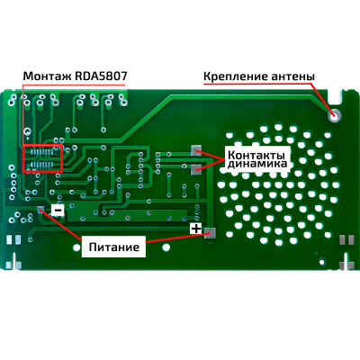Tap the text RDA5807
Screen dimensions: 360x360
coord(99,76)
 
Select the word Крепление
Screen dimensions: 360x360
coord(236,76)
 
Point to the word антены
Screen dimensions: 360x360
coord(293,76)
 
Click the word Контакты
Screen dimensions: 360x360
coord(256,156)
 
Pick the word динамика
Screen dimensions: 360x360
coord(257,164)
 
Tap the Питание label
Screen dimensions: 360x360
coord(114,247)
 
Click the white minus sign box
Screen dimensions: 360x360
coord(58,210)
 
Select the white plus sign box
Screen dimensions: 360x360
coord(196,229)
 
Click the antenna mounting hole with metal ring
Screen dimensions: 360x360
coord(334,114)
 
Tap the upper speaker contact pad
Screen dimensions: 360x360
coord(196,150)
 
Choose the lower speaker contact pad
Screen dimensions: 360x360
coord(196,169)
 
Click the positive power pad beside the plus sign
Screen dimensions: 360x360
coord(210,233)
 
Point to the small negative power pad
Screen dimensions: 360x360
coord(40,209)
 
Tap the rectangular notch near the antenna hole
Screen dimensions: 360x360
coord(336,96)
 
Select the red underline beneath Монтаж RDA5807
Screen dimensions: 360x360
coord(74,85)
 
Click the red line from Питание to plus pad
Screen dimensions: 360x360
coord(175,238)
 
